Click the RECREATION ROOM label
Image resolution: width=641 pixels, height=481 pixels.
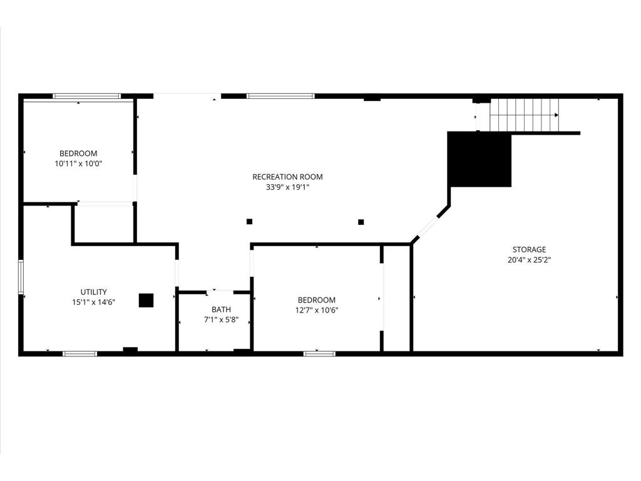click(287, 177)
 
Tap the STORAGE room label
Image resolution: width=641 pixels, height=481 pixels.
click(529, 249)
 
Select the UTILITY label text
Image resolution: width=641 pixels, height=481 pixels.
click(94, 292)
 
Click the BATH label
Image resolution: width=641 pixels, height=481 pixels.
click(221, 309)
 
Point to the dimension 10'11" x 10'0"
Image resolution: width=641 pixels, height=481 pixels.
click(78, 163)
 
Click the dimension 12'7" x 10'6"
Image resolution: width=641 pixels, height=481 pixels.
click(316, 310)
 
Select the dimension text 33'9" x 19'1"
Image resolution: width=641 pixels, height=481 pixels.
click(287, 187)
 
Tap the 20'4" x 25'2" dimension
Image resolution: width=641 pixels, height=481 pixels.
click(529, 260)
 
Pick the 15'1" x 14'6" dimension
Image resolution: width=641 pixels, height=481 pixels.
click(94, 303)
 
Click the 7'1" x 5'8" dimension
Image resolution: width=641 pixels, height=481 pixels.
click(221, 320)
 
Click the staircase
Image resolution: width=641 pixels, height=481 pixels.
click(525, 115)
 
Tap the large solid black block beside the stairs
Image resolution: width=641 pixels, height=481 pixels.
click(479, 159)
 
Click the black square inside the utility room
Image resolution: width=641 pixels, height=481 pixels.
click(146, 300)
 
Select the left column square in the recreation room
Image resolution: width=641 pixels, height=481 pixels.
click(249, 222)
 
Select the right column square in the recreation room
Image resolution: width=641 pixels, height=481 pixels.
click(361, 222)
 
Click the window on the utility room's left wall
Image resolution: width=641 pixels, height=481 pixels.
click(21, 277)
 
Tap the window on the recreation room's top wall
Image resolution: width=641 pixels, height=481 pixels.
click(280, 96)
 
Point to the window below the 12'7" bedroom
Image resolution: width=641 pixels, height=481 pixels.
click(319, 353)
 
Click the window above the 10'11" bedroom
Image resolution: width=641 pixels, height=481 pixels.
click(86, 96)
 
